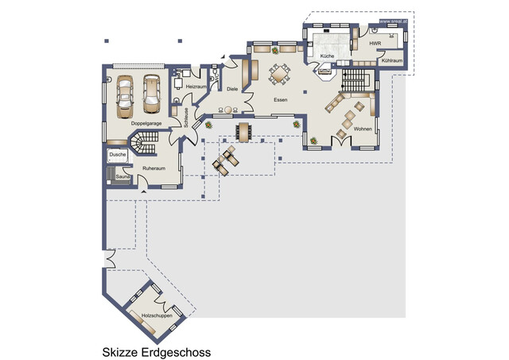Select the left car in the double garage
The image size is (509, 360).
coord(126,94)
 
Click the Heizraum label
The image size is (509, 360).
coord(196,86)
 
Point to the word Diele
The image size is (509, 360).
coord(232,90)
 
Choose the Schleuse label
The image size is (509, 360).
coord(186,118)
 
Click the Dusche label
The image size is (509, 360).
coord(117,154)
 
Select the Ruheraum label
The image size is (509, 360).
coord(153,168)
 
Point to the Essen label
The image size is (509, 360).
coord(280,101)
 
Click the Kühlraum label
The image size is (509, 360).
coord(391,60)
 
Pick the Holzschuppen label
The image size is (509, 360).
coord(157,316)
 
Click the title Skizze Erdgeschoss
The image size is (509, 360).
coord(155,350)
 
